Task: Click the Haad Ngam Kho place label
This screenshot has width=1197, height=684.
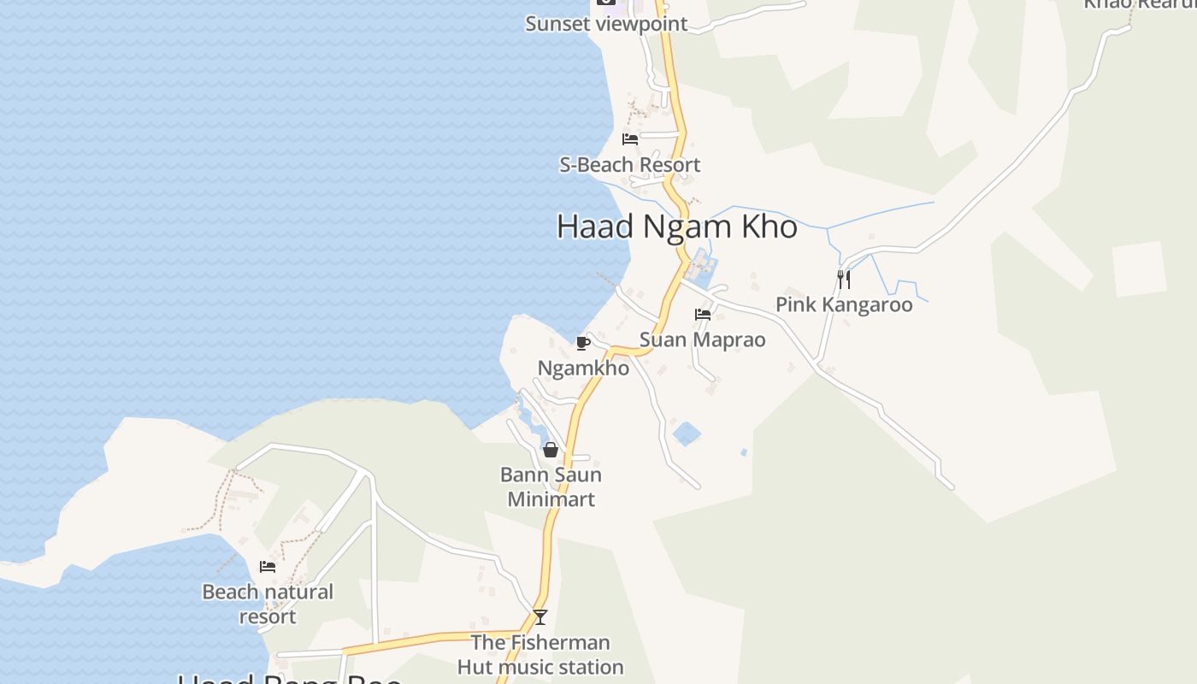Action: [x=676, y=227]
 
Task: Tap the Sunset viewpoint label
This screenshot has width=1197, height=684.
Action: [x=606, y=24]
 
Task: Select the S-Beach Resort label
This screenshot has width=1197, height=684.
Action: [x=629, y=165]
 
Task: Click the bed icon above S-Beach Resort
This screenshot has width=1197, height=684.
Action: [x=630, y=139]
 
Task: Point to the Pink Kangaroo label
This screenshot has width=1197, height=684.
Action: [x=844, y=304]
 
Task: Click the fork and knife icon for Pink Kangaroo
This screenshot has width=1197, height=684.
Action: [x=843, y=279]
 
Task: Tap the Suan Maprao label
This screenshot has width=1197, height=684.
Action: [x=702, y=339]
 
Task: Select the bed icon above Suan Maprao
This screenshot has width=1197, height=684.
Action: [x=703, y=315]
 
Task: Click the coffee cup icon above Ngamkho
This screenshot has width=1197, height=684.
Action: [x=583, y=343]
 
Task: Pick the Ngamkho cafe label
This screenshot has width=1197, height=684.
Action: [x=583, y=368]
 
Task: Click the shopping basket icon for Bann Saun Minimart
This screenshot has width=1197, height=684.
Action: [x=551, y=450]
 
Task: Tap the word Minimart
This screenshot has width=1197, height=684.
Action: [x=551, y=498]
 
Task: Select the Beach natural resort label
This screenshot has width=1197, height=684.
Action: [x=268, y=604]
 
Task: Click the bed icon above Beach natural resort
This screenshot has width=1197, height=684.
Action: [x=268, y=566]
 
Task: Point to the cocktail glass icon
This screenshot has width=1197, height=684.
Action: [x=540, y=616]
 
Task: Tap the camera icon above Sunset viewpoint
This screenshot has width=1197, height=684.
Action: [x=606, y=2]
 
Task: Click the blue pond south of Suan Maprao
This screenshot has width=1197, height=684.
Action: [x=687, y=433]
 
